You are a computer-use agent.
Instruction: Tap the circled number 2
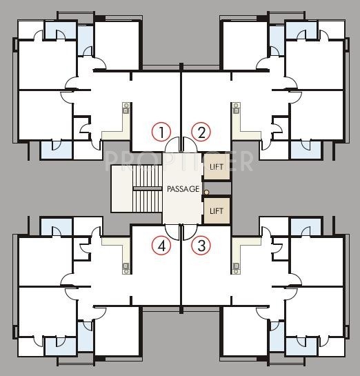pos(201,131)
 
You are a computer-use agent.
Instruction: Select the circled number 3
pos(201,245)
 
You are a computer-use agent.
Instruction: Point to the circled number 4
pos(161,245)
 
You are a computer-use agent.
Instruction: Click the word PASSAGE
pos(183,188)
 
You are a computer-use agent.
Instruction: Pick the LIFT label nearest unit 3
pos(217,210)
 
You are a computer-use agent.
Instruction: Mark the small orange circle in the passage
pos(206,192)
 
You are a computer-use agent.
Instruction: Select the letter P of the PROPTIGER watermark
pos(110,160)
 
